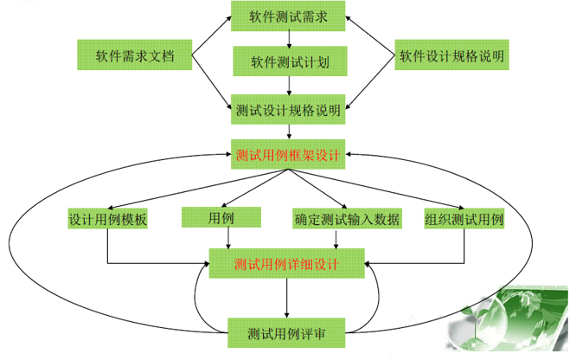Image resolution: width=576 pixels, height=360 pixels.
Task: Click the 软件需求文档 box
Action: click(135, 56)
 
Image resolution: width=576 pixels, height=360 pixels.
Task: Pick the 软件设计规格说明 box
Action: click(451, 56)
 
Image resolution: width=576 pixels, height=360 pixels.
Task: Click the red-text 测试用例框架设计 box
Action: click(287, 156)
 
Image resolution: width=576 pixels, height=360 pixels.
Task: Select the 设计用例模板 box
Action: click(107, 219)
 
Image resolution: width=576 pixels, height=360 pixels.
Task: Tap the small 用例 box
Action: click(208, 217)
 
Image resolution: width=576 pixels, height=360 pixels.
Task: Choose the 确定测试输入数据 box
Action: click(346, 219)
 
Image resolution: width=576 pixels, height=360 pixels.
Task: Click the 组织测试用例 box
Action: click(464, 219)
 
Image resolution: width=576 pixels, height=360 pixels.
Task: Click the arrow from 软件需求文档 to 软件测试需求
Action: click(209, 36)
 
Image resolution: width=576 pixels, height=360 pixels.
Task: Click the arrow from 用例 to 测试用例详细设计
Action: click(216, 240)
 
